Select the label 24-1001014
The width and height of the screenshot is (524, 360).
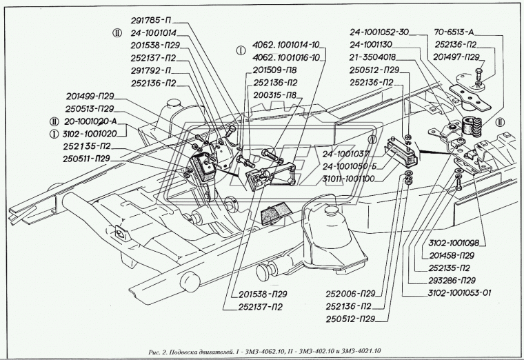click(x=153, y=32)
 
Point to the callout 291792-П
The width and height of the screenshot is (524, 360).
click(x=152, y=70)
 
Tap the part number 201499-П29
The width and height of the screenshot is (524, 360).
click(x=90, y=97)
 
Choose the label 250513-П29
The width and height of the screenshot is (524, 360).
click(x=90, y=109)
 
